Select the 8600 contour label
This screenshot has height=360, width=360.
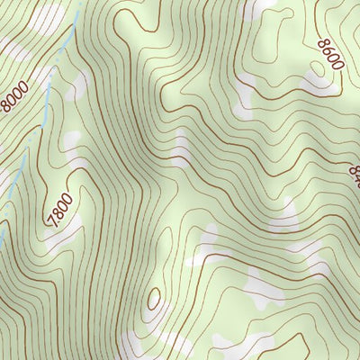329,55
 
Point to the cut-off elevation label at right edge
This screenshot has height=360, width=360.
353,171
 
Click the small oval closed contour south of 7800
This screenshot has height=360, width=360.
154,298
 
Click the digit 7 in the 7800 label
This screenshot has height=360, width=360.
51,221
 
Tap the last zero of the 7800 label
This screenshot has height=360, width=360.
67,199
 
